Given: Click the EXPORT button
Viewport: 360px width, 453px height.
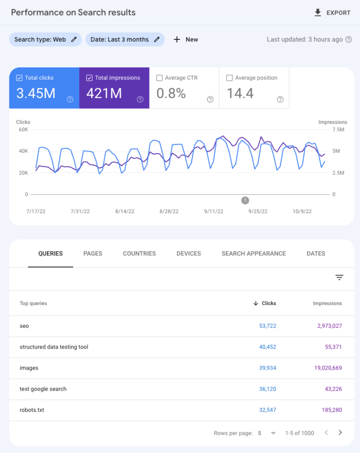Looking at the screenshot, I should tap(332, 13).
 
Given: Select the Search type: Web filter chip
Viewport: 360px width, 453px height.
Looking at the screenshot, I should tap(45, 39).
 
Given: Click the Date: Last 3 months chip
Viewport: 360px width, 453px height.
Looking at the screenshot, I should tap(125, 39).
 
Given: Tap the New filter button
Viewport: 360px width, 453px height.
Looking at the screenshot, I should tap(186, 39).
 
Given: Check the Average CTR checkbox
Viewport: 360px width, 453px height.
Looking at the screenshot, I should tap(159, 78).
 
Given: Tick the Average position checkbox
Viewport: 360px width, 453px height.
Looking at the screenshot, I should tap(229, 78).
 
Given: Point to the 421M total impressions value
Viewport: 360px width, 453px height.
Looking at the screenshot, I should tap(104, 94).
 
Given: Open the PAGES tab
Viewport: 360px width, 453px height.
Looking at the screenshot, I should tap(93, 253).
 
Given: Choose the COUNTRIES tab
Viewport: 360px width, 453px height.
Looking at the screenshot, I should tap(139, 253).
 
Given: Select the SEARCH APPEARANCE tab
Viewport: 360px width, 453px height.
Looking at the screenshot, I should tap(254, 253).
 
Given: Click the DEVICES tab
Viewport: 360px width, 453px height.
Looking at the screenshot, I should tap(188, 253).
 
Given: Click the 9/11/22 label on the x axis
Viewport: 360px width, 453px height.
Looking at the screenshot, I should tap(213, 211).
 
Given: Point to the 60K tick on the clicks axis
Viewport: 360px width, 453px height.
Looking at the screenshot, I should tap(23, 129).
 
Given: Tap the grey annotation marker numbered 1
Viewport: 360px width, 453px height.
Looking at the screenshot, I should tap(245, 201).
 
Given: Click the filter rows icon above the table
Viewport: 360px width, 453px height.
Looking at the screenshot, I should tap(339, 278).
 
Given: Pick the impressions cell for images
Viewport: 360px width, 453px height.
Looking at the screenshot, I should tap(328, 368).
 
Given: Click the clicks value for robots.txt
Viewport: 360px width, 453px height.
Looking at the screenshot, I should tap(267, 410).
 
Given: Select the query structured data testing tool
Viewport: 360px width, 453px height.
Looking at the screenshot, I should tap(54, 347).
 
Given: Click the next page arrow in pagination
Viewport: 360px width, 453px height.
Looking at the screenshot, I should tap(340, 433).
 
